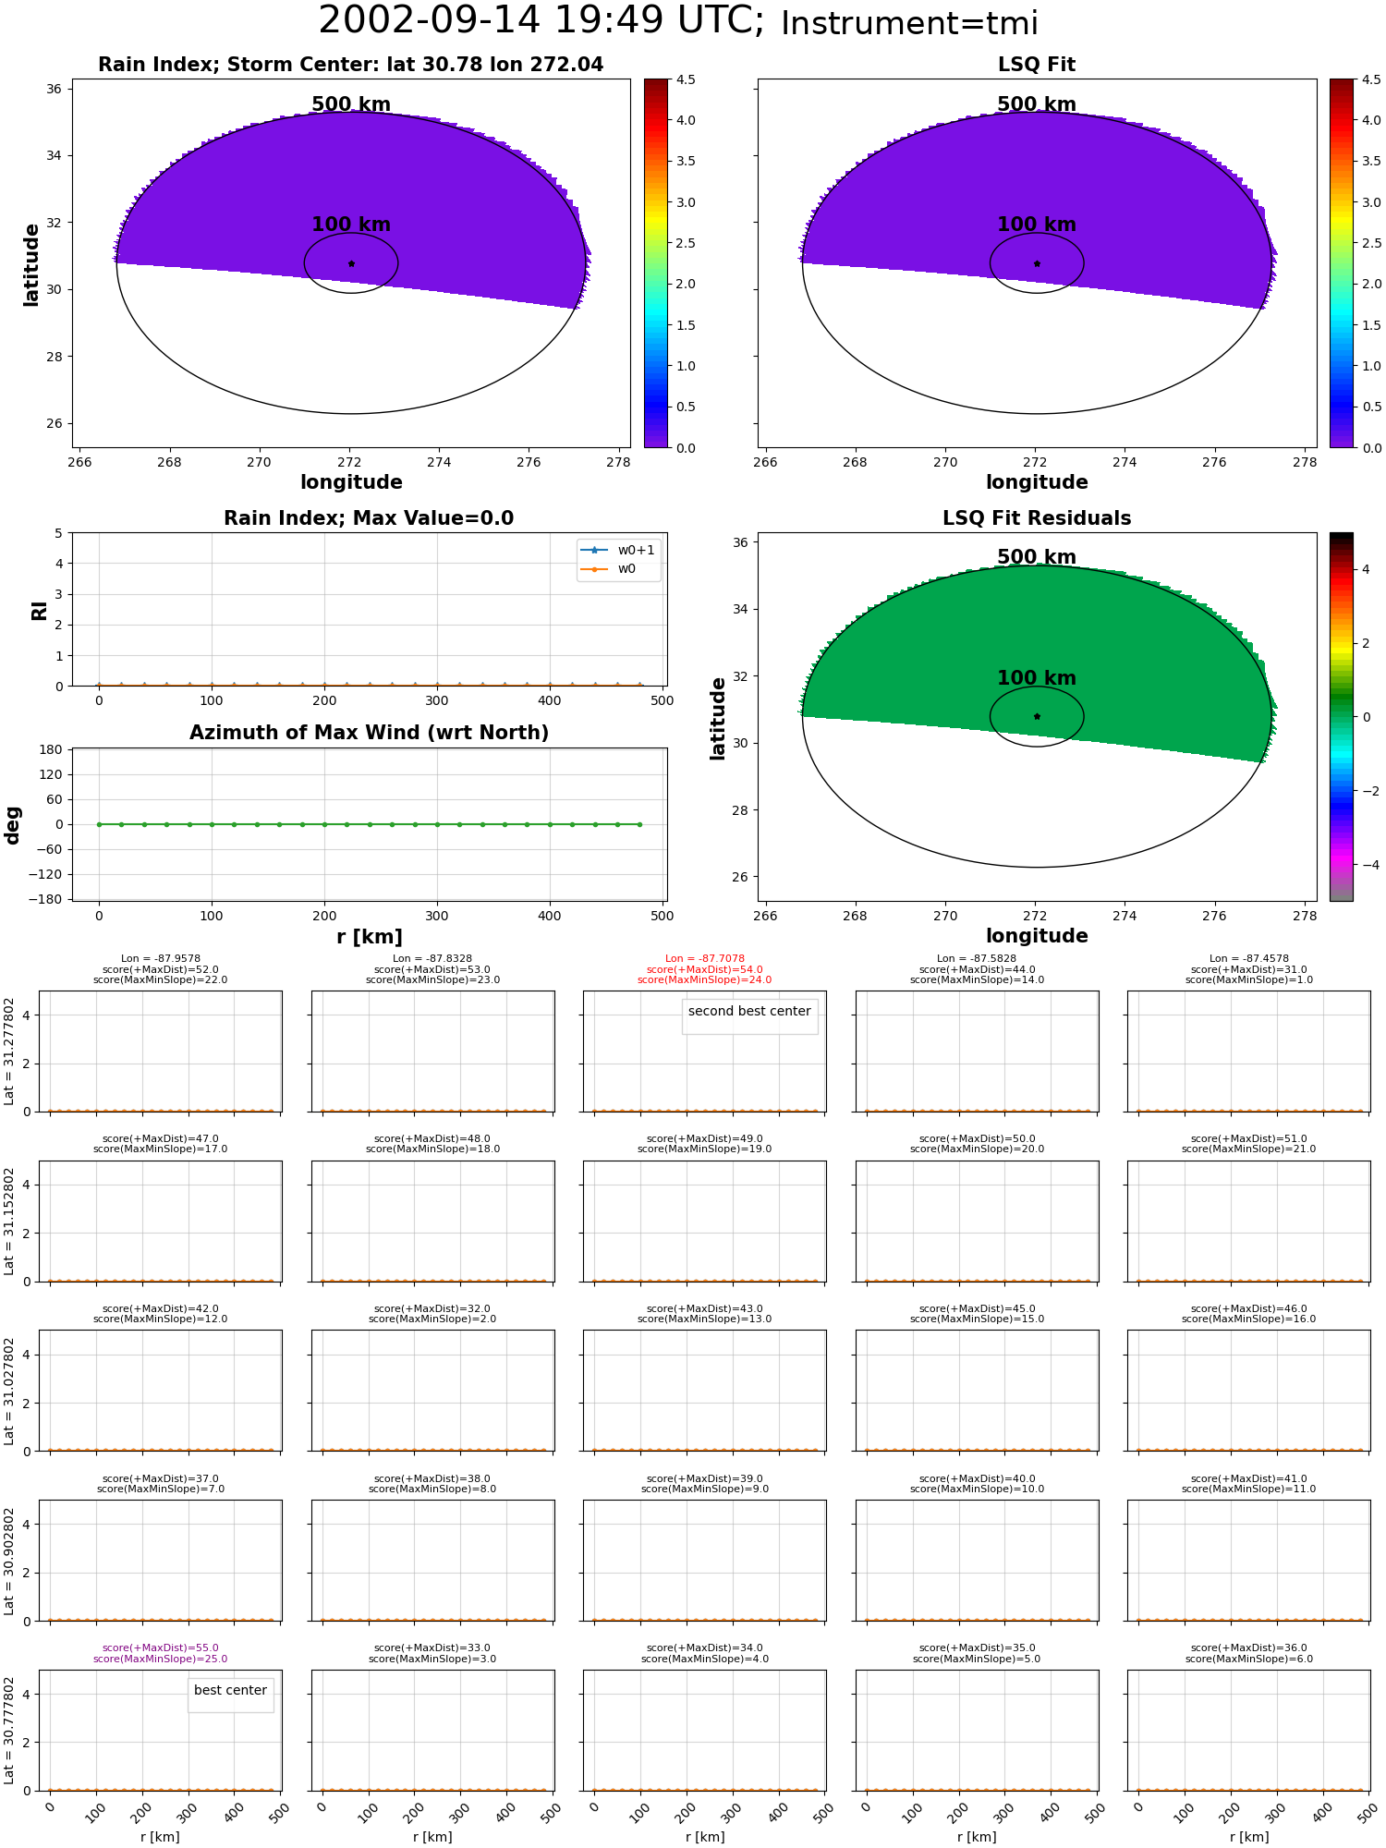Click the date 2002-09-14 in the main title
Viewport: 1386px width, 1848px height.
[430, 20]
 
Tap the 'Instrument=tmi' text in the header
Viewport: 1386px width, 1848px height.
[909, 23]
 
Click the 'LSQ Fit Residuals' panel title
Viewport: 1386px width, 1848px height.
[1037, 518]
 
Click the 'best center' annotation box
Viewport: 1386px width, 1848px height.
[230, 1690]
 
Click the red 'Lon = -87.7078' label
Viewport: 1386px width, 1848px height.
[705, 959]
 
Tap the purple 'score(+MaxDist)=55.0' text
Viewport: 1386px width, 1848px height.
[161, 1647]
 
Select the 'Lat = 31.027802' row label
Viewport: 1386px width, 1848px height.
[9, 1391]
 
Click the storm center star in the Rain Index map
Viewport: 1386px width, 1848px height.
[351, 263]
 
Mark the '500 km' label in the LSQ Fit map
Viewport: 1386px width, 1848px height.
[1037, 104]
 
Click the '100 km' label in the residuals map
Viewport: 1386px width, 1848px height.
[1037, 678]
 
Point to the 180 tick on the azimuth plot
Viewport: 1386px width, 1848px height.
[52, 749]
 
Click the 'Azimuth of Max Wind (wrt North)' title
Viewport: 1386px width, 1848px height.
[369, 733]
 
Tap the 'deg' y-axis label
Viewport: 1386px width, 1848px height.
[13, 824]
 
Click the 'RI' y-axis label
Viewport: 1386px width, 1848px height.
[39, 610]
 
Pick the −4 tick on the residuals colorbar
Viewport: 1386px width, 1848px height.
[1366, 865]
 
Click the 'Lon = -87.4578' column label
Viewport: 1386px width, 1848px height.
[1249, 959]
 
